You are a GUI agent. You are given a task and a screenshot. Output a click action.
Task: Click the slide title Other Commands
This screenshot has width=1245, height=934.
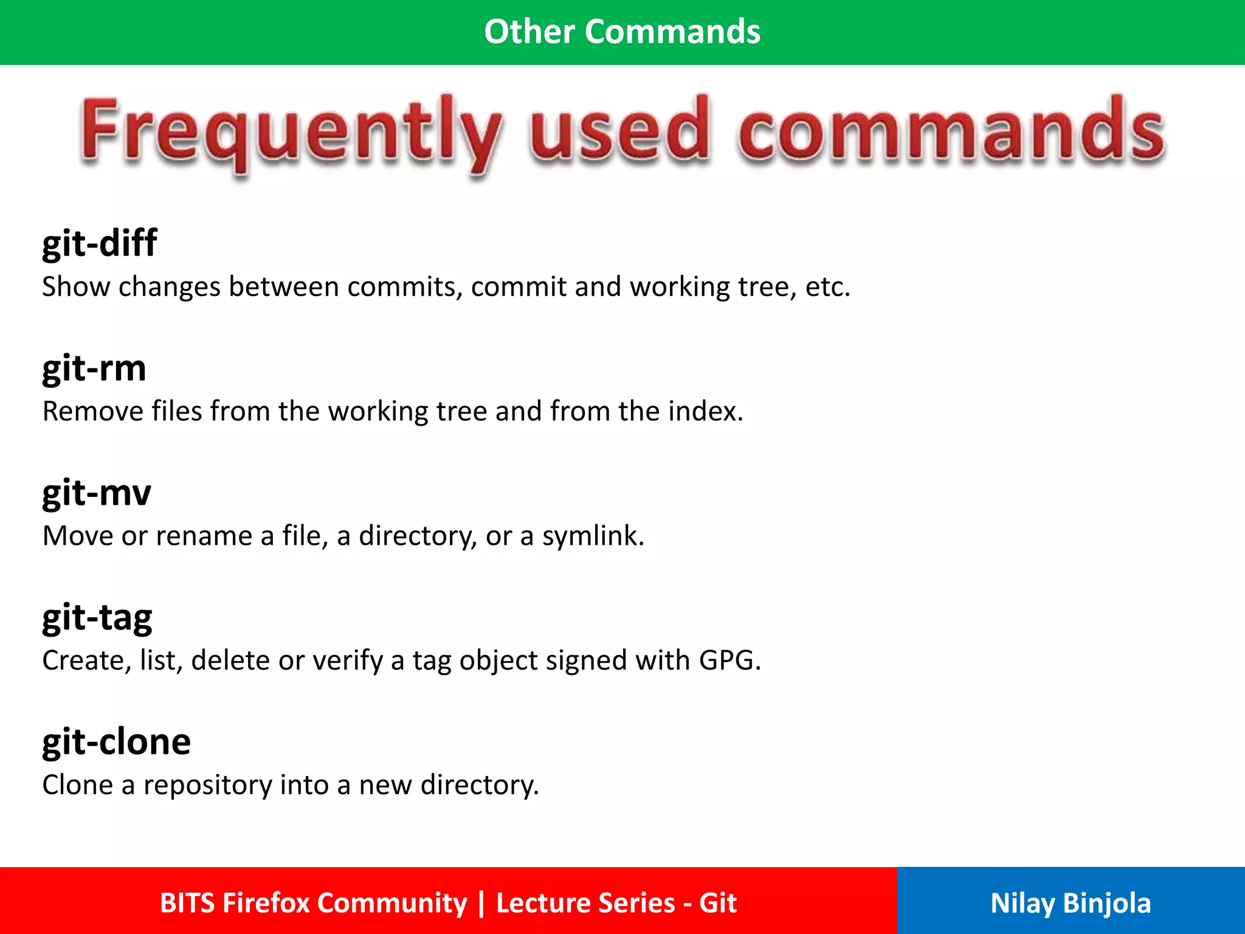pyautogui.click(x=622, y=32)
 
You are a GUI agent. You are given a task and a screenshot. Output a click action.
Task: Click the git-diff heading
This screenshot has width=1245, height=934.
pyautogui.click(x=100, y=243)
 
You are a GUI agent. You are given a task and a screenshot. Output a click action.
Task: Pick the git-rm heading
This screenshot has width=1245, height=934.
pyautogui.click(x=94, y=368)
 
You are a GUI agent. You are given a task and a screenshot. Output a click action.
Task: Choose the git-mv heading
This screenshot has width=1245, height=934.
pyautogui.click(x=97, y=493)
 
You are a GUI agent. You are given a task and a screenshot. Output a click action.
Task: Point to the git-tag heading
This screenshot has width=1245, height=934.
pyautogui.click(x=97, y=618)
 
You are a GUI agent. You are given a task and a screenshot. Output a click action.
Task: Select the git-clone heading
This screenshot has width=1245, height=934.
pyautogui.click(x=117, y=742)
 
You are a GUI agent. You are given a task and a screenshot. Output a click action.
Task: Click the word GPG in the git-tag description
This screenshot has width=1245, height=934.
pyautogui.click(x=729, y=660)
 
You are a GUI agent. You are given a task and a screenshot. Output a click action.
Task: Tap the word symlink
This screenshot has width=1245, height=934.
pyautogui.click(x=593, y=536)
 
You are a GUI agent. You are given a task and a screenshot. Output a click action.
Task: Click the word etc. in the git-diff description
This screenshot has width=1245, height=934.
pyautogui.click(x=827, y=287)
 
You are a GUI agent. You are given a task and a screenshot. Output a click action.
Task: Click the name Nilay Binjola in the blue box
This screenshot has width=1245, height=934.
pyautogui.click(x=1071, y=903)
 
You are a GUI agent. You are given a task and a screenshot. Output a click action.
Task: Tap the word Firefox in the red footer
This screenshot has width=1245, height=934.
pyautogui.click(x=266, y=903)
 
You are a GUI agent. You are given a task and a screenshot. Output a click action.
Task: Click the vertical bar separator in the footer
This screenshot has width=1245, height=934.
pyautogui.click(x=481, y=903)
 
